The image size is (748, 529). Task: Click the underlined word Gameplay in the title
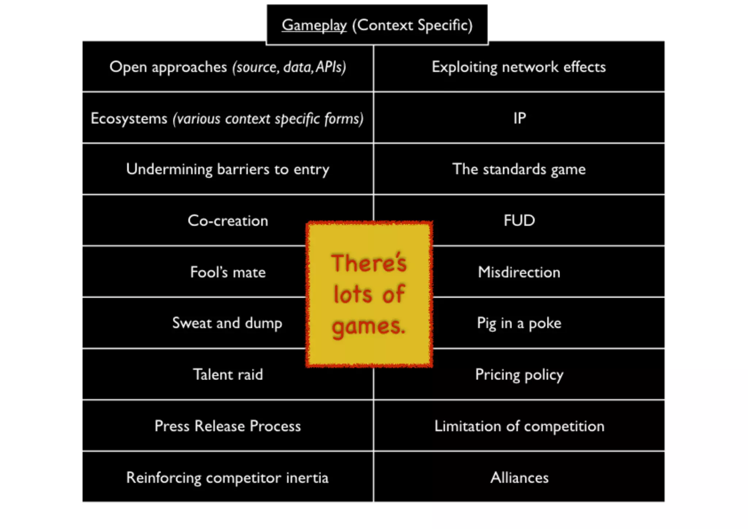(x=314, y=26)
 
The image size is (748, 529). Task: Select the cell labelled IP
(x=519, y=118)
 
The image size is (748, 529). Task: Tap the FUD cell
(x=519, y=220)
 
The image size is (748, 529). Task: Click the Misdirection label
(x=519, y=272)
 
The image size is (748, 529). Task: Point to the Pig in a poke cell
(x=519, y=323)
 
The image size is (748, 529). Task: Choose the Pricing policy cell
(x=519, y=375)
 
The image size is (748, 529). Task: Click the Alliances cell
(x=519, y=477)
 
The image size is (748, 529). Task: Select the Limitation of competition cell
(x=519, y=426)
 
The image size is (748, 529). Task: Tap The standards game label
(x=519, y=169)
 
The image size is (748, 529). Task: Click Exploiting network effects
(x=519, y=67)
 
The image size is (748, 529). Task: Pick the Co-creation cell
(x=228, y=221)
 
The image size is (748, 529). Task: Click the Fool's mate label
(x=228, y=272)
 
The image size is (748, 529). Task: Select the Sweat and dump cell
(x=227, y=323)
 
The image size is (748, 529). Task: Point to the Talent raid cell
(x=228, y=375)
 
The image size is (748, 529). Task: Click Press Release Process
(x=228, y=426)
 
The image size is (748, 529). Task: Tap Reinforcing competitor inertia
(x=227, y=478)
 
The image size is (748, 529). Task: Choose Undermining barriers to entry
(x=228, y=169)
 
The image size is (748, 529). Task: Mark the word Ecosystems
(x=129, y=118)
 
